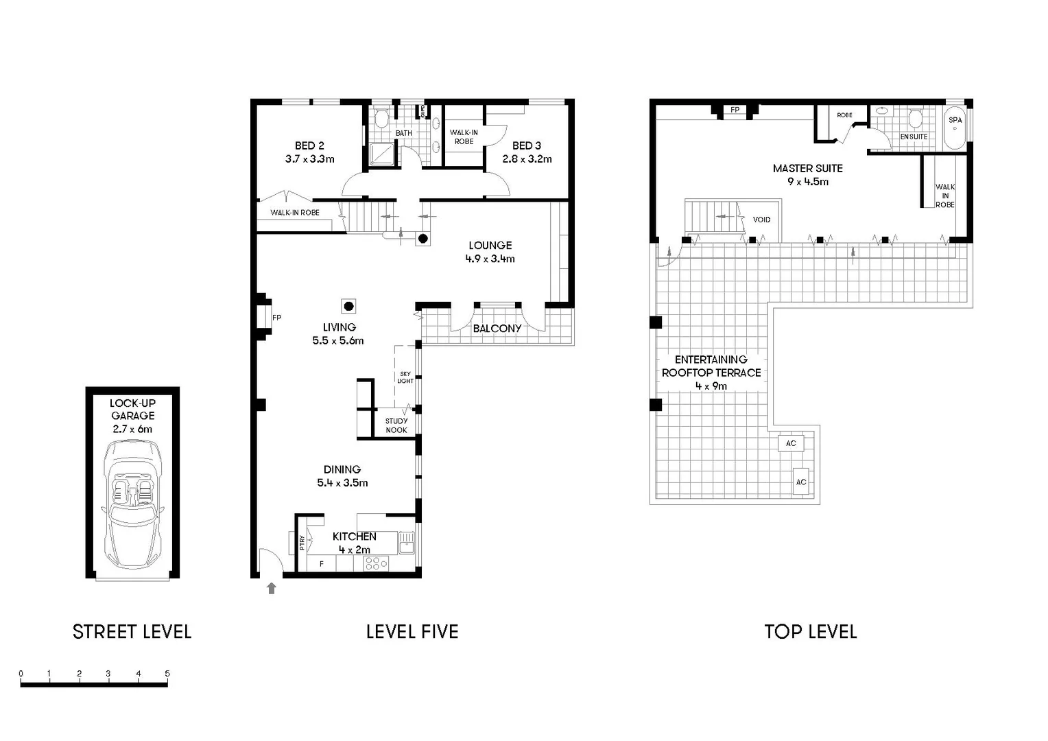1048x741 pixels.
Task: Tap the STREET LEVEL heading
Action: [x=132, y=632]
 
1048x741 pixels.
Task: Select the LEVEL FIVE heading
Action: [x=412, y=632]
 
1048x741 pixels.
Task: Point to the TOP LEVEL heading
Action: [x=810, y=632]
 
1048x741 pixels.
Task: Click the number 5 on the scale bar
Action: [x=167, y=674]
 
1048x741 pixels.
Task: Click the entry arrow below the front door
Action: [x=272, y=588]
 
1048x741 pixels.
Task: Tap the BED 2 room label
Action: [x=309, y=145]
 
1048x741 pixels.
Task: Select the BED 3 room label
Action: [x=526, y=145]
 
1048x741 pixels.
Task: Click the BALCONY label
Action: [x=497, y=329]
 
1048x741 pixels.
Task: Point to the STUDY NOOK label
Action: [x=396, y=425]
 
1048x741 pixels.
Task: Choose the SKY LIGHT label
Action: [x=405, y=377]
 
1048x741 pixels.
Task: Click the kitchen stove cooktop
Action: [x=376, y=563]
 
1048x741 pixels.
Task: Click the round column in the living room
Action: [x=348, y=306]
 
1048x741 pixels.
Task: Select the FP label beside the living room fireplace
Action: [x=276, y=318]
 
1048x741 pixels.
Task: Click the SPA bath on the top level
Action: [x=955, y=128]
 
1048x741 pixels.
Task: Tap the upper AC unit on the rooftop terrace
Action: [x=790, y=443]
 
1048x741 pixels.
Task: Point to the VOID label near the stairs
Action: [x=761, y=220]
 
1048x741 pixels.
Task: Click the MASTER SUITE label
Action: [x=807, y=168]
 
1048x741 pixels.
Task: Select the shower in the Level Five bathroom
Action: [x=382, y=154]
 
